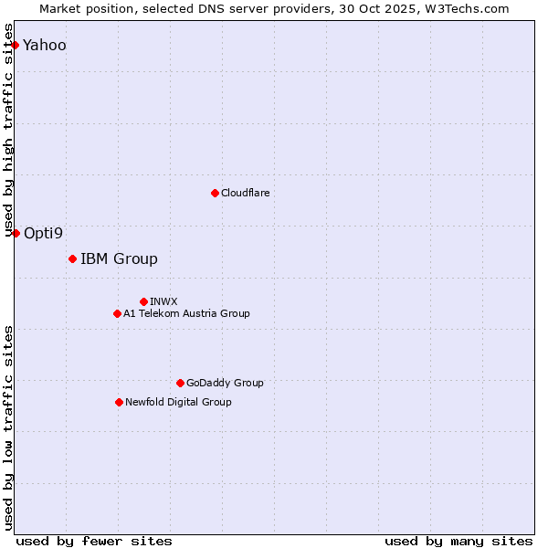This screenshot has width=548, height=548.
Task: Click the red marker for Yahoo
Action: coord(15,45)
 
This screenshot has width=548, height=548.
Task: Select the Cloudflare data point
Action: coord(215,193)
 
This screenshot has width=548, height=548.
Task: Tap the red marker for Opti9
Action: coord(16,233)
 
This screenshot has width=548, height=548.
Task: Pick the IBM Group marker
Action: coord(72,258)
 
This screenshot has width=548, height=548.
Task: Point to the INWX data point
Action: coord(143,301)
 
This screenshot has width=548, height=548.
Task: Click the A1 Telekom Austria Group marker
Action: coord(117,313)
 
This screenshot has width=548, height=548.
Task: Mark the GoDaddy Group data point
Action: coord(180,383)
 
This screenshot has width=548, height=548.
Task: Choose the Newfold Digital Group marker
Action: coord(119,402)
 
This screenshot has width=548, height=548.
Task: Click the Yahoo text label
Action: coord(45,45)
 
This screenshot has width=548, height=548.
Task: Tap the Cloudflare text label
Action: coord(245,193)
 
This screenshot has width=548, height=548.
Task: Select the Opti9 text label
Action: coord(44,233)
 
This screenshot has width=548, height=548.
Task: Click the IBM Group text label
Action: coord(119,258)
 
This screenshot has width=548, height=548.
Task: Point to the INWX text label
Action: coord(163,301)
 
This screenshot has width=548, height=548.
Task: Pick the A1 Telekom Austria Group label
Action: coord(186,313)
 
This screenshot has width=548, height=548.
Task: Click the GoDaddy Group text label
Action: coord(225,383)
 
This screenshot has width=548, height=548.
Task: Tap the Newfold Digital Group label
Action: coord(178,402)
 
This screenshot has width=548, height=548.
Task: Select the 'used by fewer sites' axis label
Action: coord(94,541)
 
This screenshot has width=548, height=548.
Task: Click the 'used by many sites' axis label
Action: coord(458,541)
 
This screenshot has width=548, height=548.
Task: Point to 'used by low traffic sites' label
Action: coord(9,427)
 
